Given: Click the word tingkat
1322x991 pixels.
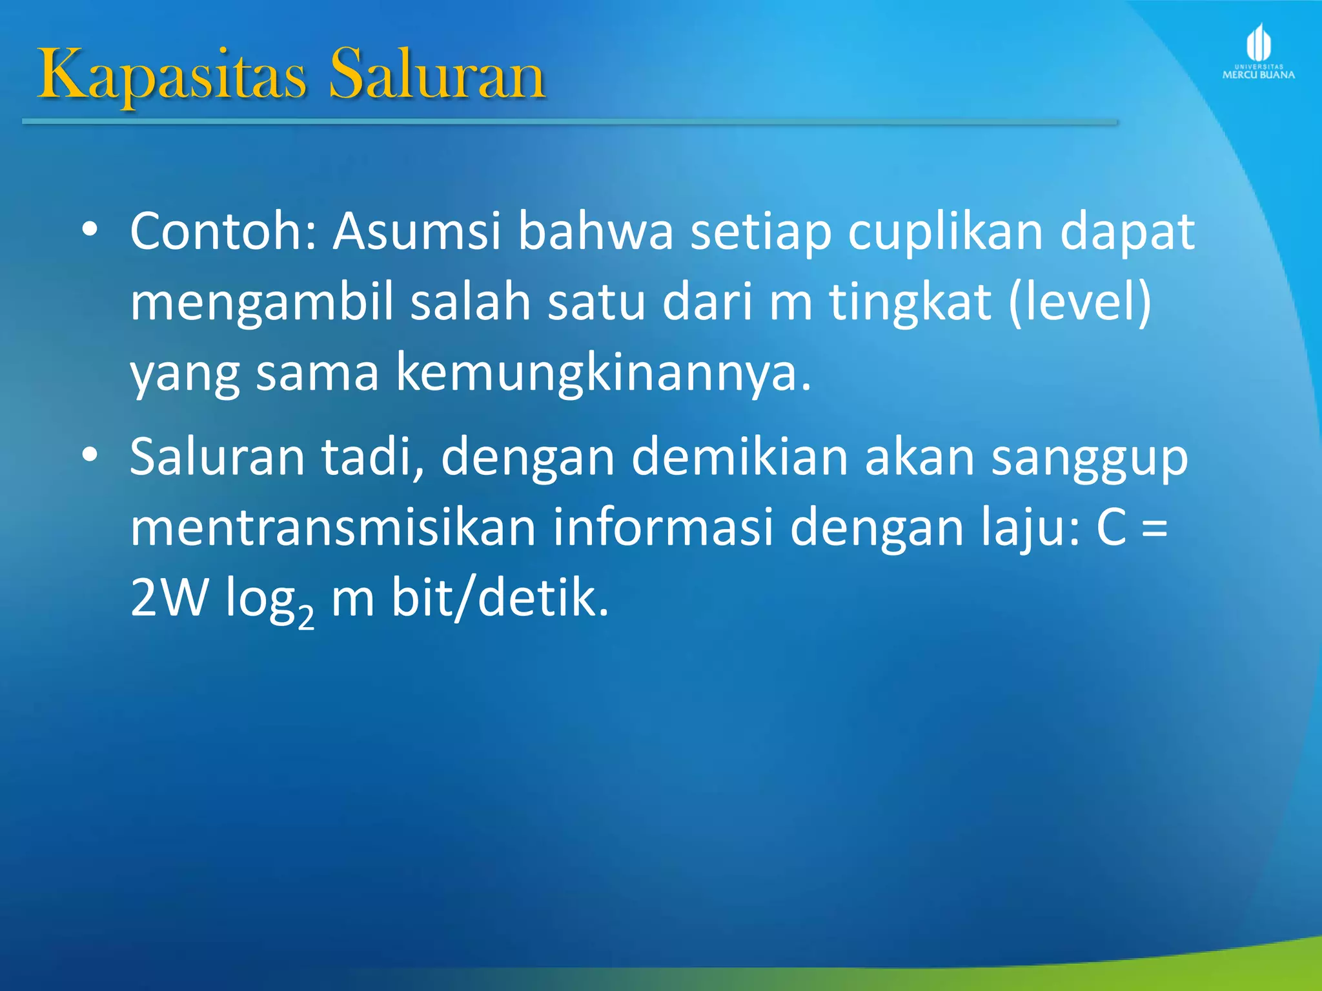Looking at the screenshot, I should click(x=910, y=303).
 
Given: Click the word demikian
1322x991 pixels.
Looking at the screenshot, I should click(x=740, y=457).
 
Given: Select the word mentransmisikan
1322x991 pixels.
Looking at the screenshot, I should click(x=333, y=528).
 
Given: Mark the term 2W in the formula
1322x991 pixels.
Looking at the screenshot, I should click(x=169, y=597).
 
